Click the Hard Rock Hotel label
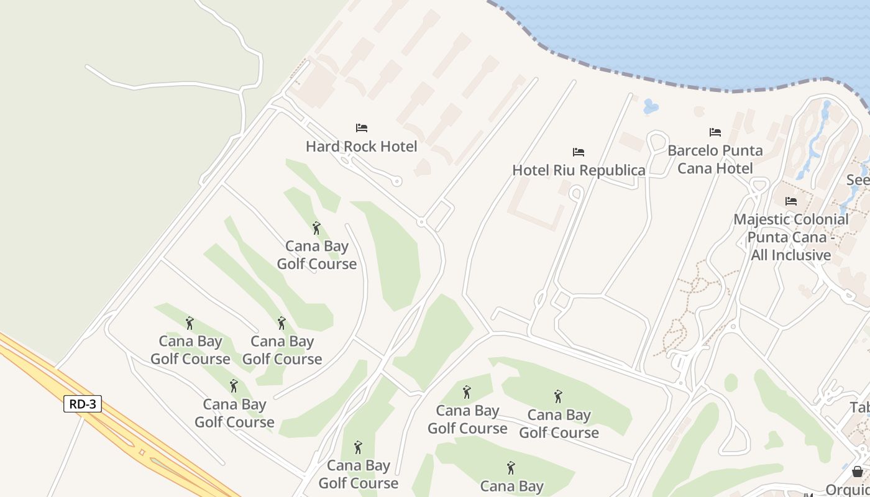point(361,147)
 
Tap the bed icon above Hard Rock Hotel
point(362,128)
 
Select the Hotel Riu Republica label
point(579,170)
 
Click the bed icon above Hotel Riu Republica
point(579,152)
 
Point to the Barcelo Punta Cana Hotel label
point(715,159)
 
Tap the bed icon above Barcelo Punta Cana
point(715,132)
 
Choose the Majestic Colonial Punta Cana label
point(790,237)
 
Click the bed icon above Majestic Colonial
point(791,201)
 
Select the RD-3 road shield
point(83,404)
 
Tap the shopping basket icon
point(858,472)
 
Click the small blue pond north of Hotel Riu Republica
point(650,107)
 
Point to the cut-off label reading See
point(858,180)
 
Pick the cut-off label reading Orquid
point(848,489)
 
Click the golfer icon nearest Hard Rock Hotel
point(316,228)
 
